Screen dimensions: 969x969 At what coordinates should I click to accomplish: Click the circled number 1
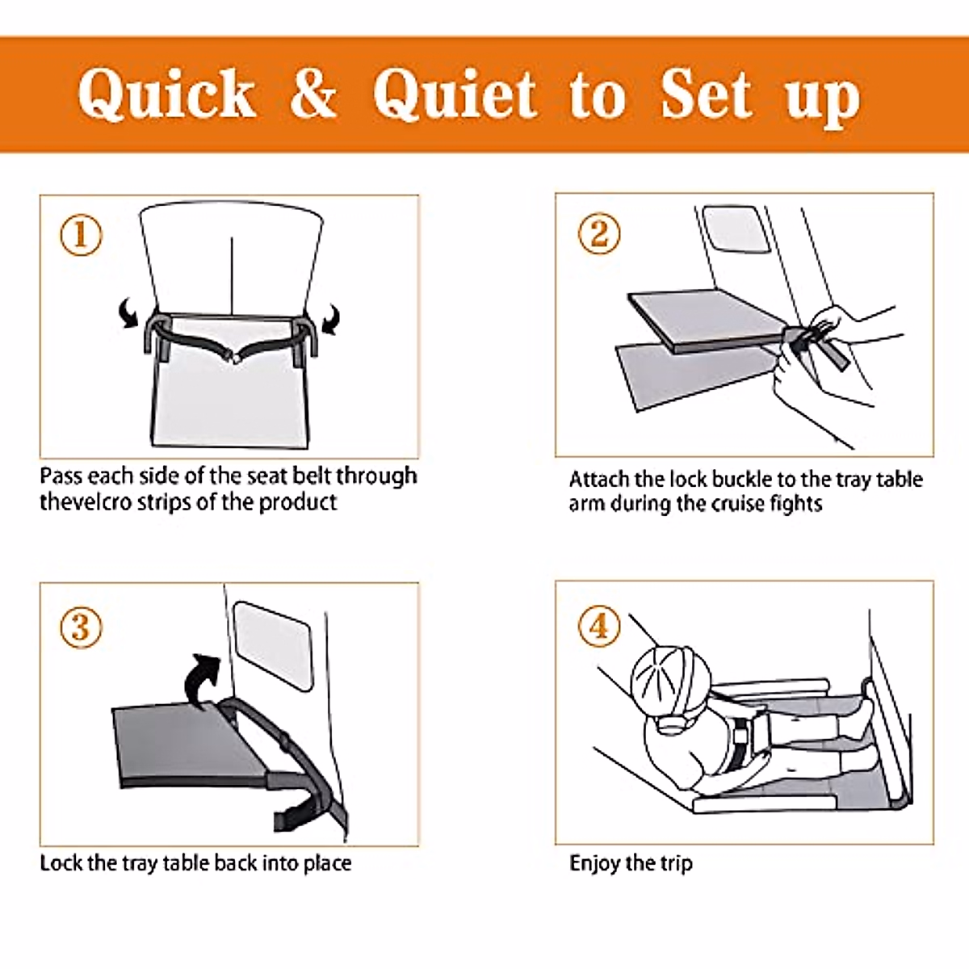pyautogui.click(x=81, y=235)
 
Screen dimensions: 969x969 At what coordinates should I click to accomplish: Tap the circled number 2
pyautogui.click(x=598, y=234)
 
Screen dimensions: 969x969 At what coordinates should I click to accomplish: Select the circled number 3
pyautogui.click(x=81, y=627)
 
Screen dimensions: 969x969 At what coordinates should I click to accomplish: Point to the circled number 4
pyautogui.click(x=598, y=626)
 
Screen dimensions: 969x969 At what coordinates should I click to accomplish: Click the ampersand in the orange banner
pyautogui.click(x=313, y=94)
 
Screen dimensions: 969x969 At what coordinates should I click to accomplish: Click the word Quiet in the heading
pyautogui.click(x=454, y=94)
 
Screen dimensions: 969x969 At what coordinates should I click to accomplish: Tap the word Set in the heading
pyautogui.click(x=706, y=94)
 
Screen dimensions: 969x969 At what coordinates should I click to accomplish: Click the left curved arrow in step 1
pyautogui.click(x=128, y=313)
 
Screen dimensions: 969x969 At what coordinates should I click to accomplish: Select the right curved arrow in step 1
pyautogui.click(x=331, y=318)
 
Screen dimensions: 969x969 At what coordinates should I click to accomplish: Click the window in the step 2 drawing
pyautogui.click(x=736, y=229)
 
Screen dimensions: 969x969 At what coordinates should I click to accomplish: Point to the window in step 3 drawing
pyautogui.click(x=273, y=646)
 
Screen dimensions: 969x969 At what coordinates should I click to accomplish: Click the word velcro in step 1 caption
pyautogui.click(x=102, y=502)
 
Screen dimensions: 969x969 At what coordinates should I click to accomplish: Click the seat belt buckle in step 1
pyautogui.click(x=235, y=358)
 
